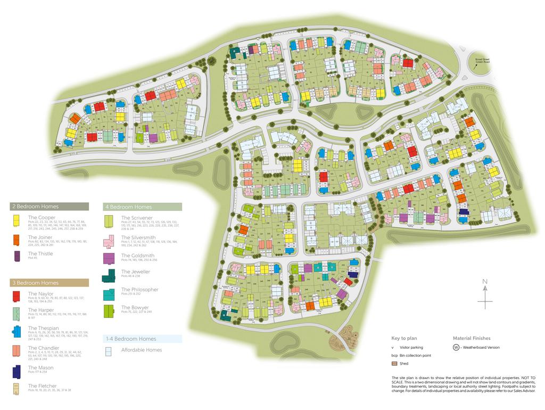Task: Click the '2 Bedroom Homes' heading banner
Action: click(49, 206)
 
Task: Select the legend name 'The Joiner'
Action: click(40, 237)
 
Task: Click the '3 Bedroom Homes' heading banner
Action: click(49, 283)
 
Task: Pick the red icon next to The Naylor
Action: click(18, 296)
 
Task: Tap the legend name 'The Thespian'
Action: click(43, 328)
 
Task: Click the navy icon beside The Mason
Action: click(18, 371)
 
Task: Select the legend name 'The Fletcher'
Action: click(42, 386)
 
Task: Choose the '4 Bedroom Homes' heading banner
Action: click(142, 207)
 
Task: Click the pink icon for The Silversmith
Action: click(109, 240)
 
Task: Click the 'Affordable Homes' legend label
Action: click(141, 350)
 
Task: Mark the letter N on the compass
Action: click(484, 282)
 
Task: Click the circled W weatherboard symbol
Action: click(456, 348)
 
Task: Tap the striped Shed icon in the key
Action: click(394, 364)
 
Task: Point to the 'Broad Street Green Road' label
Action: click(483, 61)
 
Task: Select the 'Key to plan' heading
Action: click(406, 338)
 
